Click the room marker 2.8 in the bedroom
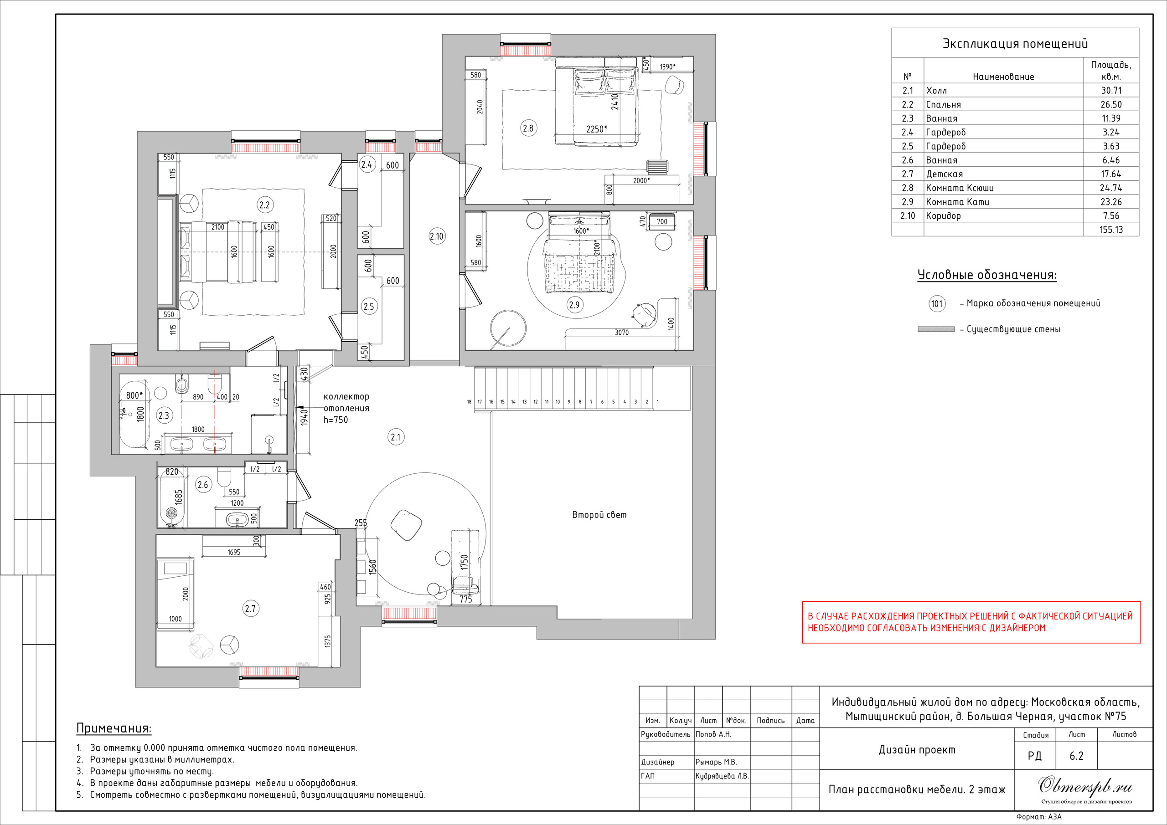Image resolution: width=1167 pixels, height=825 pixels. tap(528, 128)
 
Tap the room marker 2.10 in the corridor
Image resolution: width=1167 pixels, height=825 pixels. tap(437, 236)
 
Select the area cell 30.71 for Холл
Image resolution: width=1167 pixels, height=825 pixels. tap(1111, 90)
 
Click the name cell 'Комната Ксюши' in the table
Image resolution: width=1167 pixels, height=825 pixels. tap(960, 188)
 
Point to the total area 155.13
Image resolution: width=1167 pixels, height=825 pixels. tap(1111, 230)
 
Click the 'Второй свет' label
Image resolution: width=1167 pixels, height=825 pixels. tap(599, 515)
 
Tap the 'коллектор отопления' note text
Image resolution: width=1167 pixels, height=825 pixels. tap(346, 402)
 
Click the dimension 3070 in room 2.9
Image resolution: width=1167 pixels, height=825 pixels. tap(622, 333)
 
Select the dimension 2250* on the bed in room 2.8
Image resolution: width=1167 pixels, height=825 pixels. tap(597, 129)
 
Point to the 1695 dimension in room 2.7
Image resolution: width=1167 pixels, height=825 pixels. tap(234, 552)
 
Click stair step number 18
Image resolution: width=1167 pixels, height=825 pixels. tap(469, 402)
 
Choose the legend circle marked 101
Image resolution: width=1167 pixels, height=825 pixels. tap(937, 304)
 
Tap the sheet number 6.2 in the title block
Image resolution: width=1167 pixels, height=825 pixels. tap(1077, 756)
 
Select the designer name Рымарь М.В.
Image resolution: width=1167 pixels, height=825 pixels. tap(716, 762)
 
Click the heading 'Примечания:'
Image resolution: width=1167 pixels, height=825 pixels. tap(114, 728)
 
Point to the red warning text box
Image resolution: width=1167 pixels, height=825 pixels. tap(971, 622)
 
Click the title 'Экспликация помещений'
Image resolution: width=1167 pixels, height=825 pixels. tap(1015, 44)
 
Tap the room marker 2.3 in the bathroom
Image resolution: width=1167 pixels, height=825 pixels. tap(164, 415)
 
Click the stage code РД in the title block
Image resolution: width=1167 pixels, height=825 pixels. tap(1034, 756)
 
